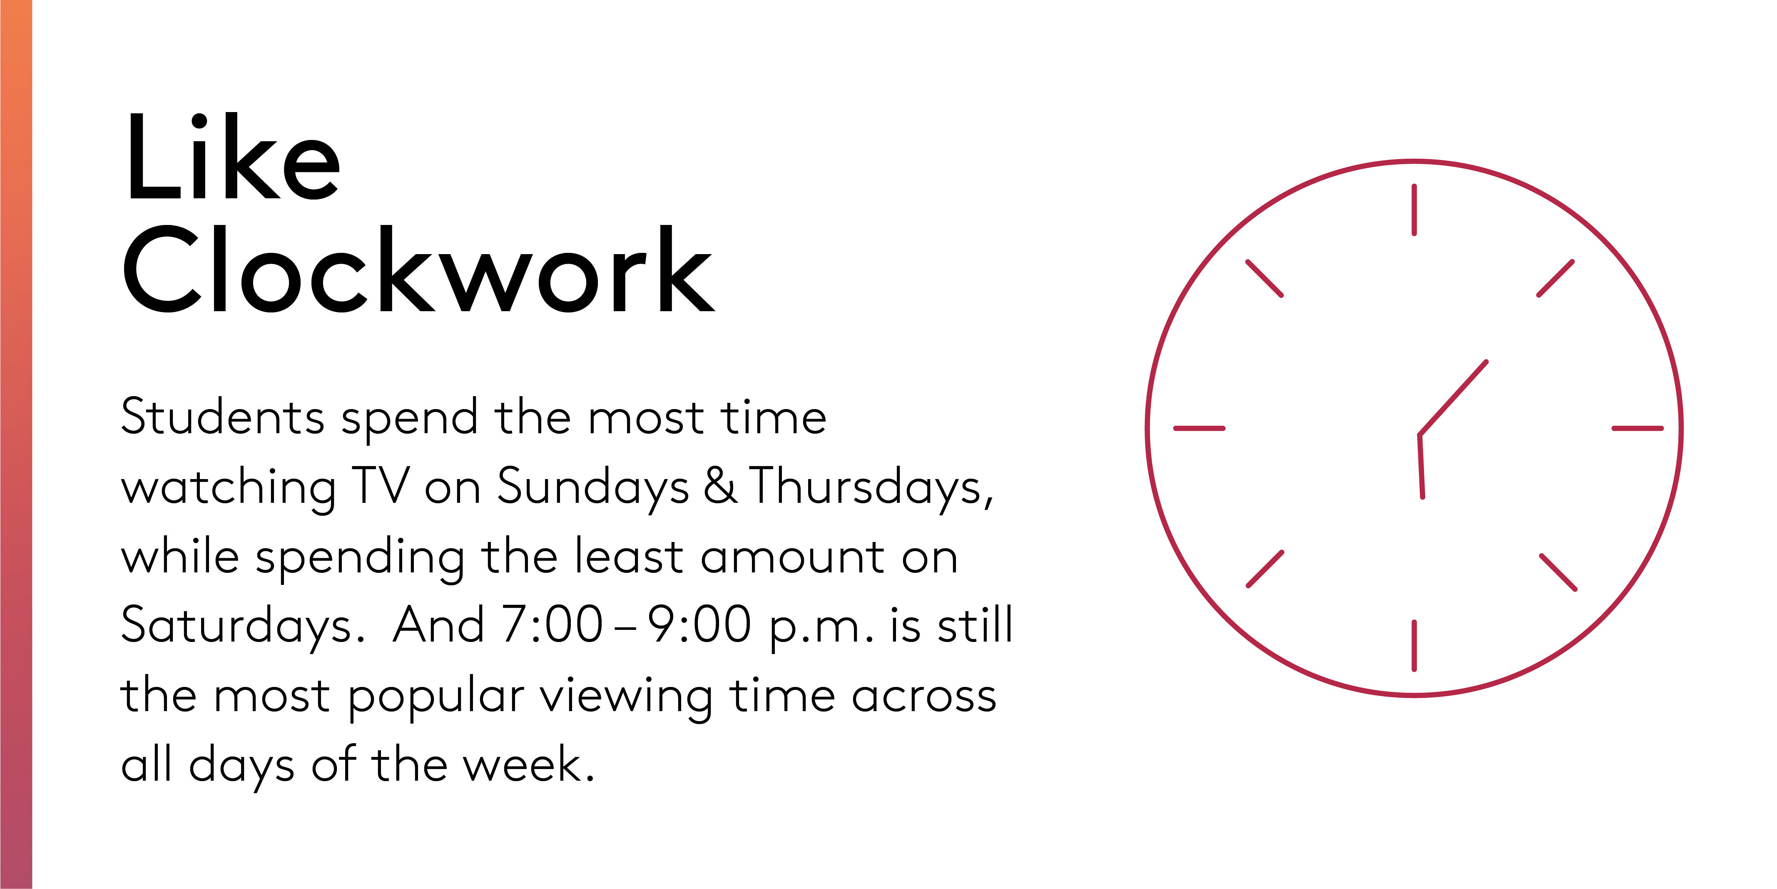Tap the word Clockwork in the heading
pyautogui.click(x=419, y=269)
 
